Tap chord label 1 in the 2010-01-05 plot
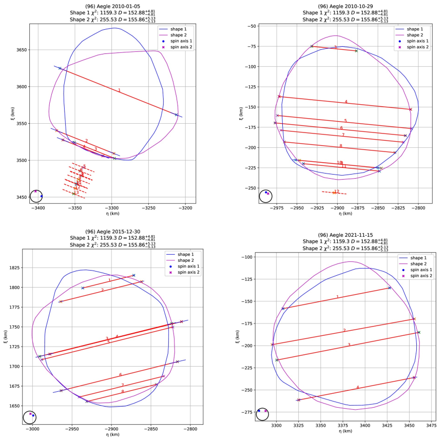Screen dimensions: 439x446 coord(119,90)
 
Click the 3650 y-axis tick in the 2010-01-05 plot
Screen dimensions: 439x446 coord(21,50)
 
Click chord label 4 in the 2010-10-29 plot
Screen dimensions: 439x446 coord(346,102)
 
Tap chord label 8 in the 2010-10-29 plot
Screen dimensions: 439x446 coord(341,146)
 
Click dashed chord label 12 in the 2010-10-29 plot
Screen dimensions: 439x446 coord(337,191)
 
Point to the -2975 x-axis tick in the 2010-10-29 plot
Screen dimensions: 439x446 coord(278,208)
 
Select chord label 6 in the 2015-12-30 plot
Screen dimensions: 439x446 coord(120,375)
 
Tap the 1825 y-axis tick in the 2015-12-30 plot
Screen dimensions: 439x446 coord(21,268)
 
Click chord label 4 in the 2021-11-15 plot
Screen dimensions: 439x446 coord(358,387)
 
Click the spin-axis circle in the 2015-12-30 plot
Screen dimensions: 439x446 coord(30,417)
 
